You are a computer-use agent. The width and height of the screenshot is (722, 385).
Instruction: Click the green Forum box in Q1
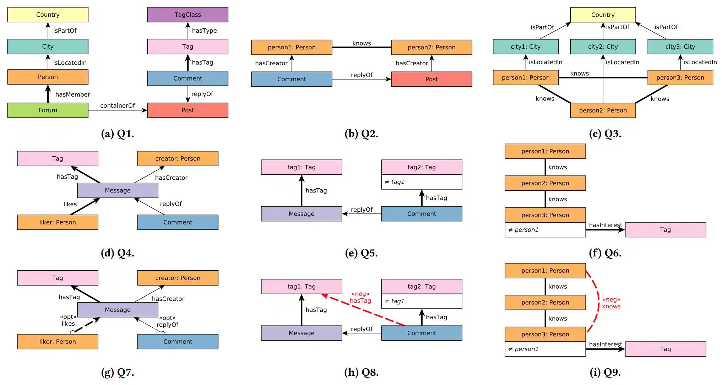pyautogui.click(x=48, y=110)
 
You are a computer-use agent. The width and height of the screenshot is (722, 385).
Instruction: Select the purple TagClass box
pyautogui.click(x=188, y=15)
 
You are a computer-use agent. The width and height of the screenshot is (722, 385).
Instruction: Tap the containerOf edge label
pyautogui.click(x=117, y=105)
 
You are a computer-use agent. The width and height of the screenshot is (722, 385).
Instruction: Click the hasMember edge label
pyautogui.click(x=72, y=94)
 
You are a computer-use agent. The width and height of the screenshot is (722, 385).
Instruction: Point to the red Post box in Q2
pyautogui.click(x=431, y=79)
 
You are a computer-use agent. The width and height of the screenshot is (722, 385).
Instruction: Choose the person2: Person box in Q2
pyautogui.click(x=431, y=47)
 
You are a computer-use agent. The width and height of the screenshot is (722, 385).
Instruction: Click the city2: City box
pyautogui.click(x=603, y=47)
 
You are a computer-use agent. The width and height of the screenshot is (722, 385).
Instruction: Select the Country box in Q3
pyautogui.click(x=603, y=15)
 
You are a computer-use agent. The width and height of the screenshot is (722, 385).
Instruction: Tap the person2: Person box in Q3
pyautogui.click(x=603, y=110)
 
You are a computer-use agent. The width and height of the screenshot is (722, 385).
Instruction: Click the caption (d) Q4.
pyautogui.click(x=117, y=253)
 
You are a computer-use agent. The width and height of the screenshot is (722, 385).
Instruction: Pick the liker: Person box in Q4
pyautogui.click(x=58, y=222)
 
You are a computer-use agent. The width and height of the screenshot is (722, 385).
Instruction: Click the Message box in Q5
pyautogui.click(x=301, y=214)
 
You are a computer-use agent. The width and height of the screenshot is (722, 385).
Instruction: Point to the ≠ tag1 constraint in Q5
pyautogui.click(x=422, y=182)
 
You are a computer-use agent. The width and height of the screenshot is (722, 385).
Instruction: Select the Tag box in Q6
pyautogui.click(x=665, y=230)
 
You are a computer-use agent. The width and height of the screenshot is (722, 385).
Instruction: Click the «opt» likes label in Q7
pyautogui.click(x=68, y=320)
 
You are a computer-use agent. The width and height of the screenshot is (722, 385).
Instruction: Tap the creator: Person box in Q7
pyautogui.click(x=178, y=278)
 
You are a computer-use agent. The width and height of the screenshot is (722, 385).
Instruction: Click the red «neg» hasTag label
pyautogui.click(x=360, y=297)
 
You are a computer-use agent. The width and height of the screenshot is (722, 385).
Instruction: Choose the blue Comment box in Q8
pyautogui.click(x=422, y=333)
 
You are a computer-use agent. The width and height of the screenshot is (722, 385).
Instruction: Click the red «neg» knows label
pyautogui.click(x=611, y=303)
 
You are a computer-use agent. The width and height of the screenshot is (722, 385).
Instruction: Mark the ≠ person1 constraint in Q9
pyautogui.click(x=545, y=349)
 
